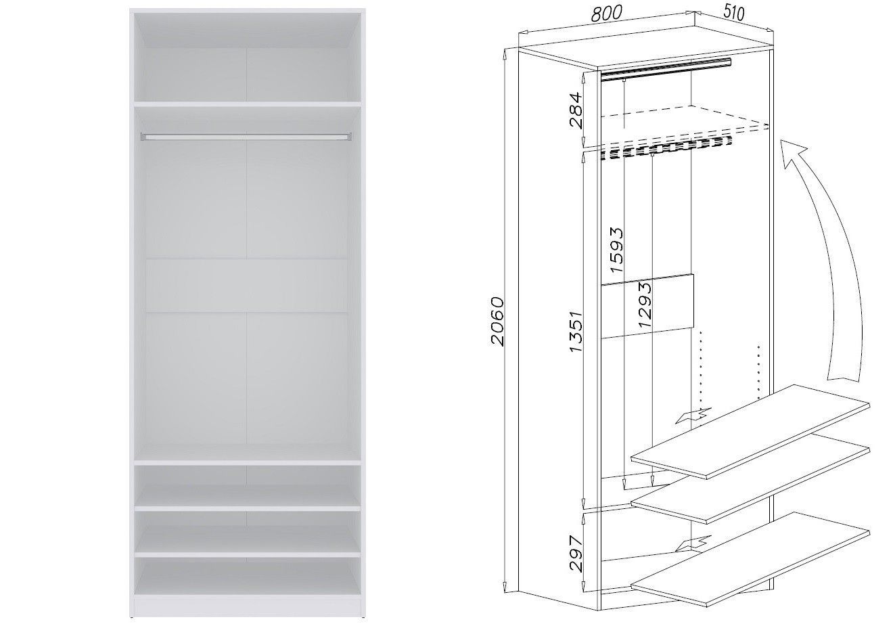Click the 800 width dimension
pyautogui.click(x=606, y=13)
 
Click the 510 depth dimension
pyautogui.click(x=733, y=13)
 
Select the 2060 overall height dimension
pyautogui.click(x=497, y=321)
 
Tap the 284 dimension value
pyautogui.click(x=576, y=110)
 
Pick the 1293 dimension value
pyautogui.click(x=644, y=305)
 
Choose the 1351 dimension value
pyautogui.click(x=576, y=332)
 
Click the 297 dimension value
pyautogui.click(x=576, y=554)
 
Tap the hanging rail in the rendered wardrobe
pyautogui.click(x=246, y=137)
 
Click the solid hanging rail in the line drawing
pyautogui.click(x=666, y=69)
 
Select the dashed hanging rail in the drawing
pyautogui.click(x=666, y=148)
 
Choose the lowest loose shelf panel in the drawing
pyautogui.click(x=750, y=558)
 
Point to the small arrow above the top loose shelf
pyautogui.click(x=693, y=416)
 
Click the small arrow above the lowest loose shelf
pyautogui.click(x=693, y=543)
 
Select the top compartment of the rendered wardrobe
pyautogui.click(x=247, y=57)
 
